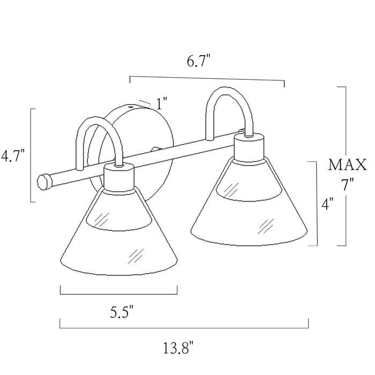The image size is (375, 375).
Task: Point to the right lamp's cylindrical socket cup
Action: click(x=250, y=146)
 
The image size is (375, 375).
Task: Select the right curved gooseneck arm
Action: click(x=230, y=96)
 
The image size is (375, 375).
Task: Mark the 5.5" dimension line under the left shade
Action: click(x=118, y=294)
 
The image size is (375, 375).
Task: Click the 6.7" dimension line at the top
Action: click(x=207, y=79)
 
